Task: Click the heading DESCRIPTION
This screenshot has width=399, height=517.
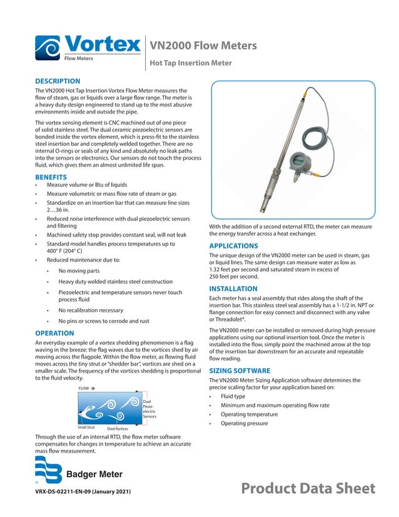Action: pos(58,81)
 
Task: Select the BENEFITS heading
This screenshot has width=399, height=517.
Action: pos(51,177)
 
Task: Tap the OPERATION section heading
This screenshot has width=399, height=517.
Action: pos(55,333)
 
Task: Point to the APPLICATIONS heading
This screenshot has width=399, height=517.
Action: pos(233,246)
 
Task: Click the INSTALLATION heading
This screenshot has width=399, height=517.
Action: pos(233,289)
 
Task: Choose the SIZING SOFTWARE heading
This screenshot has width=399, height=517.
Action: pos(240,371)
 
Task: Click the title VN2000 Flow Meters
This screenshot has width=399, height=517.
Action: pos(203,46)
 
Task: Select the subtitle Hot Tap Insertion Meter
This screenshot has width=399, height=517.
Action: pos(190,63)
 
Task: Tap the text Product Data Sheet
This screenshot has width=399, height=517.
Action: pos(308,489)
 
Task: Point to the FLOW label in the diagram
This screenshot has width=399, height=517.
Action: pos(84,389)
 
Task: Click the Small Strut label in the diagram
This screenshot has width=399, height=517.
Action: pos(86,427)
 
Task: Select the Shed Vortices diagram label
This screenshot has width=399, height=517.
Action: pos(118,428)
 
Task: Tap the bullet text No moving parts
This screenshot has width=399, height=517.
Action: pos(79,271)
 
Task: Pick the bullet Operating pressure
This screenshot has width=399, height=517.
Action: pos(244,424)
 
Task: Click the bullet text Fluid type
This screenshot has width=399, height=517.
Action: pos(233,396)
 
